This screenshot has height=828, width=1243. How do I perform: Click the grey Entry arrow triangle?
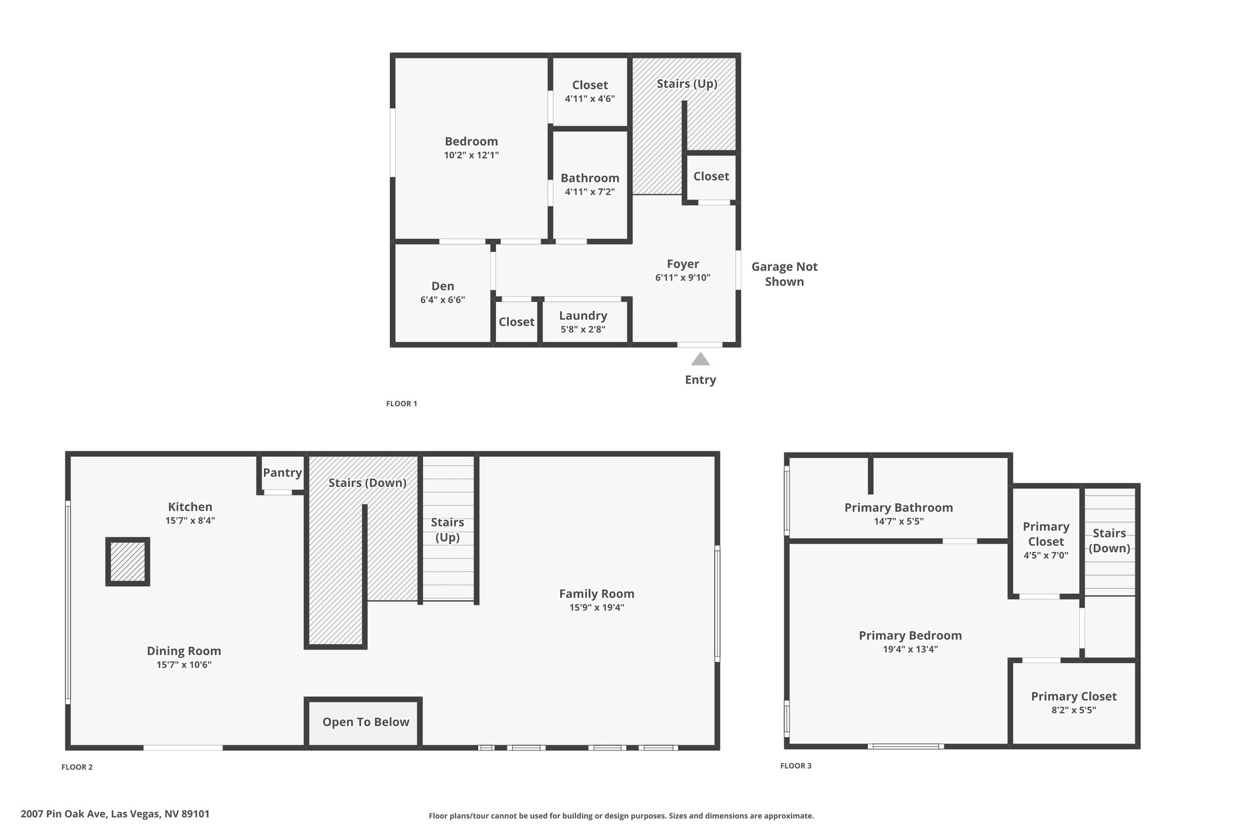(x=700, y=359)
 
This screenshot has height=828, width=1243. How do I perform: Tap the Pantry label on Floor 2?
(x=282, y=473)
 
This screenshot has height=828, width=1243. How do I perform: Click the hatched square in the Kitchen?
(x=127, y=561)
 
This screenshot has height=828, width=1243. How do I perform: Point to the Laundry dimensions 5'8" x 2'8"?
(x=583, y=329)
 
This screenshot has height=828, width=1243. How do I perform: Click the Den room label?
(x=442, y=286)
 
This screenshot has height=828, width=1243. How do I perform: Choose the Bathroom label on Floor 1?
(x=590, y=178)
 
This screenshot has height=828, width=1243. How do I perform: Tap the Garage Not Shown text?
(x=784, y=274)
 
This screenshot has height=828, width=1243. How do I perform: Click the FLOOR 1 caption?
(x=402, y=404)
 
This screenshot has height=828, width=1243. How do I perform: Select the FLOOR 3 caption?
(x=796, y=766)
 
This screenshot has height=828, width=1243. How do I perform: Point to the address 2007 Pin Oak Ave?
(x=64, y=814)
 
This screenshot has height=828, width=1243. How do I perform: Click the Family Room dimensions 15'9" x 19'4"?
(x=597, y=607)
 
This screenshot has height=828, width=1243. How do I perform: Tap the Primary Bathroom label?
(x=898, y=508)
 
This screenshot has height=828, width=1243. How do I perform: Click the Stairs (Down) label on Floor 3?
(x=1109, y=540)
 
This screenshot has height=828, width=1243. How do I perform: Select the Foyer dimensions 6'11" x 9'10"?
(x=683, y=278)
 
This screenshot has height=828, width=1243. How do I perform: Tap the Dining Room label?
(x=184, y=651)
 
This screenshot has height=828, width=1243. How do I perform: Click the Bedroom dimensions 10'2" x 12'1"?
(x=472, y=155)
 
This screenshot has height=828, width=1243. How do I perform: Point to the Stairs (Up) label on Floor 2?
(x=447, y=530)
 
